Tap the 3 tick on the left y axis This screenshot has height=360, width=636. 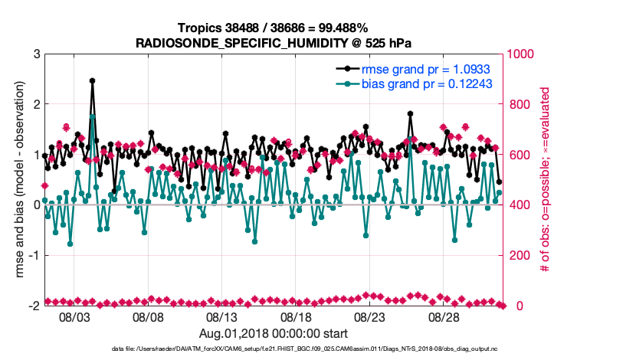click(35, 54)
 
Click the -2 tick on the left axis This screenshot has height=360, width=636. click(33, 306)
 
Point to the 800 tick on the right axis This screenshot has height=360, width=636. click(519, 105)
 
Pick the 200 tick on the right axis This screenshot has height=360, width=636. click(519, 255)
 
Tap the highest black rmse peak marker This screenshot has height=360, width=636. click(92, 80)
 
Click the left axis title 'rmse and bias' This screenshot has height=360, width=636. click(18, 180)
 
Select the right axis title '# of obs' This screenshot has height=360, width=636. click(545, 180)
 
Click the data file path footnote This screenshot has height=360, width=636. click(273, 349)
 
